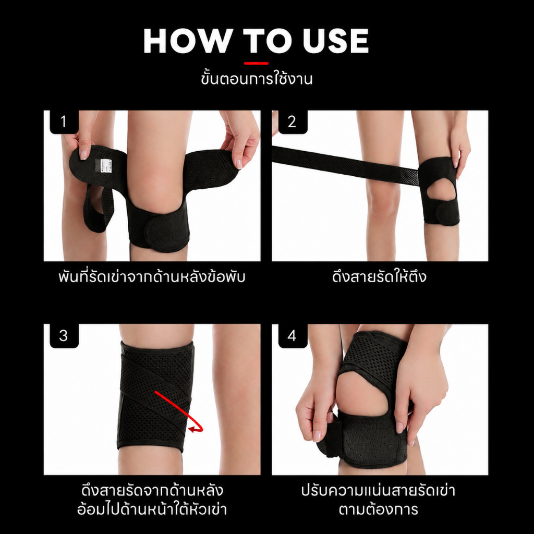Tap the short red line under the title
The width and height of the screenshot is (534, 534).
(256, 63)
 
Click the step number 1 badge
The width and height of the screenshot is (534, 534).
(64, 122)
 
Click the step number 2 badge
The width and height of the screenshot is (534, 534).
(293, 122)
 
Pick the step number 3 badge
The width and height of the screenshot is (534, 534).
(64, 336)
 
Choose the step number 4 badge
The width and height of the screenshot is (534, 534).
(293, 336)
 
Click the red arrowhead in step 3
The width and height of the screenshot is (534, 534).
(193, 430)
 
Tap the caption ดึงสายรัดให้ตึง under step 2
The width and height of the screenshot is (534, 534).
(379, 276)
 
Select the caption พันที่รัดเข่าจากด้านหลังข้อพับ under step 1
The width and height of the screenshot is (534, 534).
(152, 276)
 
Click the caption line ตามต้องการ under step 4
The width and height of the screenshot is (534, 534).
(379, 509)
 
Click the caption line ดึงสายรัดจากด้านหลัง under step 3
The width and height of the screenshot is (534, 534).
(152, 490)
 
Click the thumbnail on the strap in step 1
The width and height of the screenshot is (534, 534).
(84, 153)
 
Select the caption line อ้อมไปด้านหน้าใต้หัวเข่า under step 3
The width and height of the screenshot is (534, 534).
(152, 509)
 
